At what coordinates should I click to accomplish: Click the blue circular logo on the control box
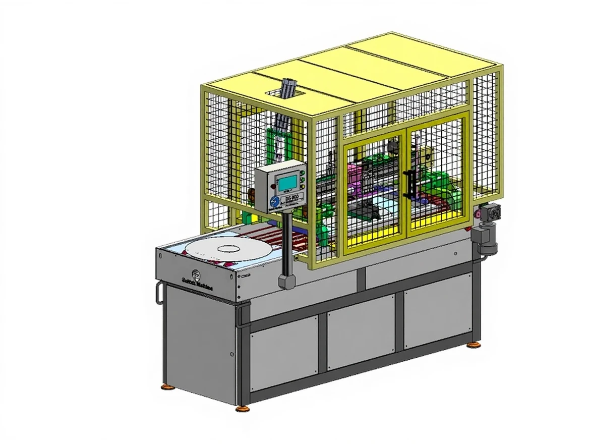pyautogui.click(x=274, y=201)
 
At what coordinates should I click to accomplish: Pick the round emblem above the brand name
pyautogui.click(x=196, y=276)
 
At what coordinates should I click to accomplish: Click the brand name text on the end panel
pyautogui.click(x=197, y=287)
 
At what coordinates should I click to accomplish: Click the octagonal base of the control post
pyautogui.click(x=286, y=281)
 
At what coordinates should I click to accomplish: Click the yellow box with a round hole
pyautogui.click(x=430, y=157)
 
